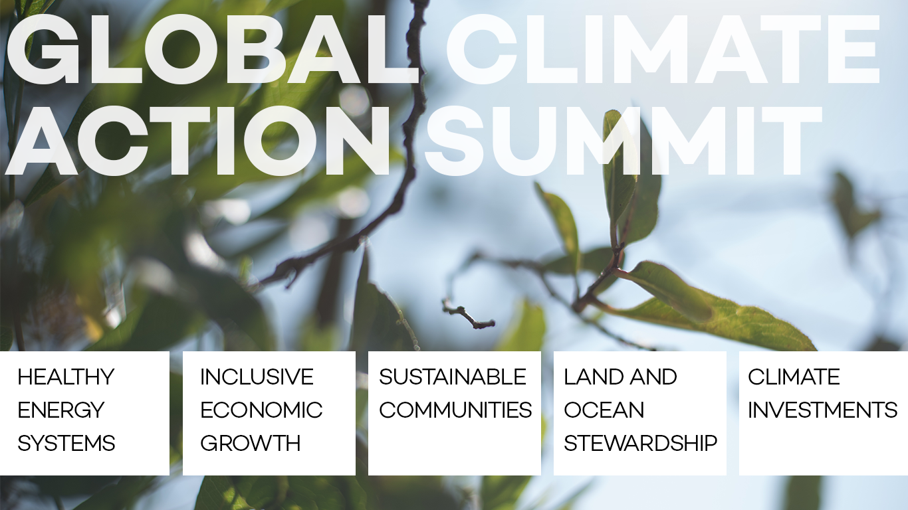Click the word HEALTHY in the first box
point(66,377)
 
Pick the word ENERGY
point(60,410)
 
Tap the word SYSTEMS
point(66,443)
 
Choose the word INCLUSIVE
point(257,377)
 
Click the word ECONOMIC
point(261,410)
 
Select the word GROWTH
point(250,443)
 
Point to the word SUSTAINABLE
point(453,377)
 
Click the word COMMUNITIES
point(455,410)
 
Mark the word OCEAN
point(604,410)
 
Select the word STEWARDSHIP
point(640,443)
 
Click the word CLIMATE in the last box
point(794,377)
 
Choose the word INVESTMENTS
point(822,410)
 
